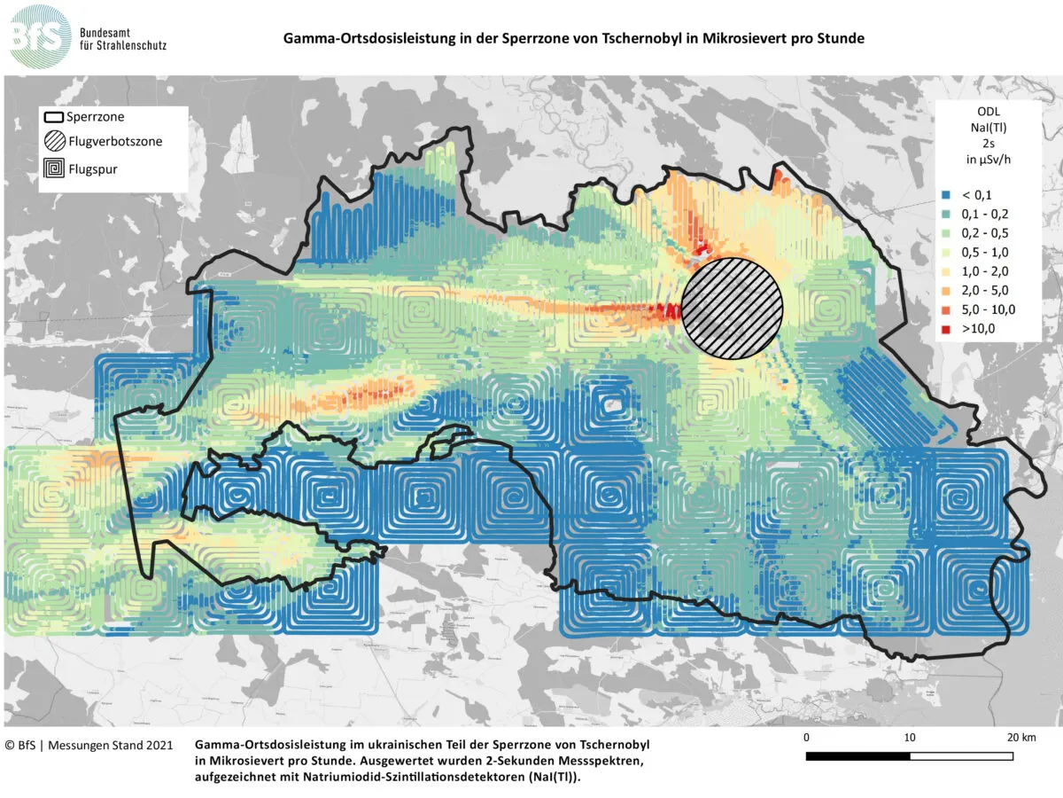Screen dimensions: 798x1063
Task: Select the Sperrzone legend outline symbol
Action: [55, 116]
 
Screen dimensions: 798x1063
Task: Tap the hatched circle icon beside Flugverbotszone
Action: [55, 140]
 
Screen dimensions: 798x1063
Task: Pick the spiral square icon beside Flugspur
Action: [55, 166]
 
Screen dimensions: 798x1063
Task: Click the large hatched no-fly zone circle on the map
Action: [733, 309]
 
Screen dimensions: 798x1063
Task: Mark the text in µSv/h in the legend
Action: [989, 160]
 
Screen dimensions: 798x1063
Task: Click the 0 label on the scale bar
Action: [806, 738]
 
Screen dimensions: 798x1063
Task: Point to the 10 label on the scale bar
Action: [910, 738]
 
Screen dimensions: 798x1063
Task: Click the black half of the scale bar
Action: [857, 756]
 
